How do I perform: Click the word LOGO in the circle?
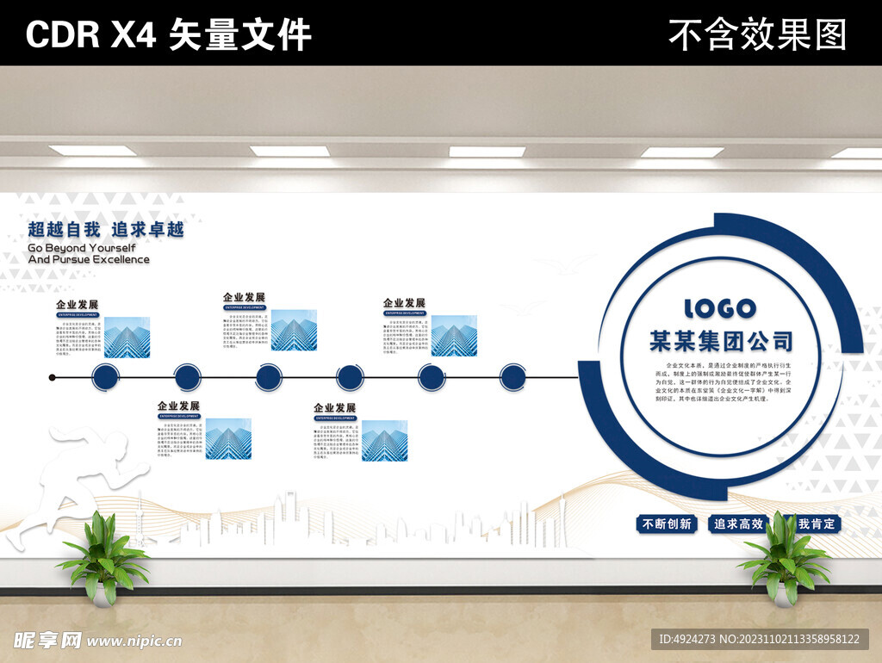720,308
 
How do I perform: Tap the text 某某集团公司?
721,341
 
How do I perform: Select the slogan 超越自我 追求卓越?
106,230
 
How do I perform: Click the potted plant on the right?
783,558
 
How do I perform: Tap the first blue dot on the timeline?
105,377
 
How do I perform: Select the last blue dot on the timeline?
512,377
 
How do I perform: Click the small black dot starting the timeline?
53,377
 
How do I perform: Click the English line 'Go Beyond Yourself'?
82,248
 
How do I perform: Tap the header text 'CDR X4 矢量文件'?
168,34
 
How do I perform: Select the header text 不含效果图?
757,34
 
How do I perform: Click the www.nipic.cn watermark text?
134,641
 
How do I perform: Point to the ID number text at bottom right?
759,639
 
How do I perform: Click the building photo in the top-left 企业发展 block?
127,338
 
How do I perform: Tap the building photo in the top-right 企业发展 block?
454,336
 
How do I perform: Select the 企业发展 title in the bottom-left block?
178,406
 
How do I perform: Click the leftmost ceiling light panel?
92,151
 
